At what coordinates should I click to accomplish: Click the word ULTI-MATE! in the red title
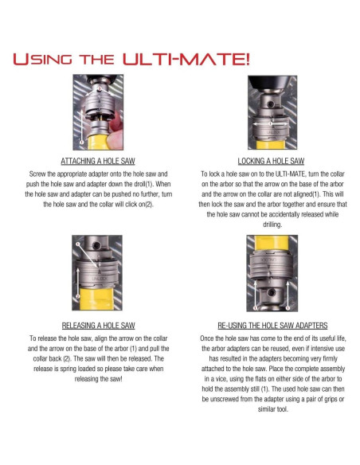186,58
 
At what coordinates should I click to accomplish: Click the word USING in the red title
43,59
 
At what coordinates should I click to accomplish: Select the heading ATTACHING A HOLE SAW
98,161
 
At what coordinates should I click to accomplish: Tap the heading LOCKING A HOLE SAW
271,161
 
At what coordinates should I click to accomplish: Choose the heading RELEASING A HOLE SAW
98,326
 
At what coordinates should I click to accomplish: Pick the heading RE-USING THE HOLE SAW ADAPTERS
272,326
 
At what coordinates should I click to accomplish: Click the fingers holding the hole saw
115,131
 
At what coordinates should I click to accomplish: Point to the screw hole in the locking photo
270,104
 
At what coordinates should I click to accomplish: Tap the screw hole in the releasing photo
96,245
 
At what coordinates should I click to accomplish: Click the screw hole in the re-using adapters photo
271,293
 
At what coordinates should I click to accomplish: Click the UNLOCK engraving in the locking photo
273,132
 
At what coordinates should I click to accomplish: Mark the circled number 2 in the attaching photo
100,88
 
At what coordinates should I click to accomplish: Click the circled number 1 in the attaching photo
81,142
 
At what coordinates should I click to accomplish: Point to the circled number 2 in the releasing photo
78,296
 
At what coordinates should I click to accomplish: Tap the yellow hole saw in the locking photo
271,145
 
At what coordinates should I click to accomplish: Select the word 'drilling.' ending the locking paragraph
272,225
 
